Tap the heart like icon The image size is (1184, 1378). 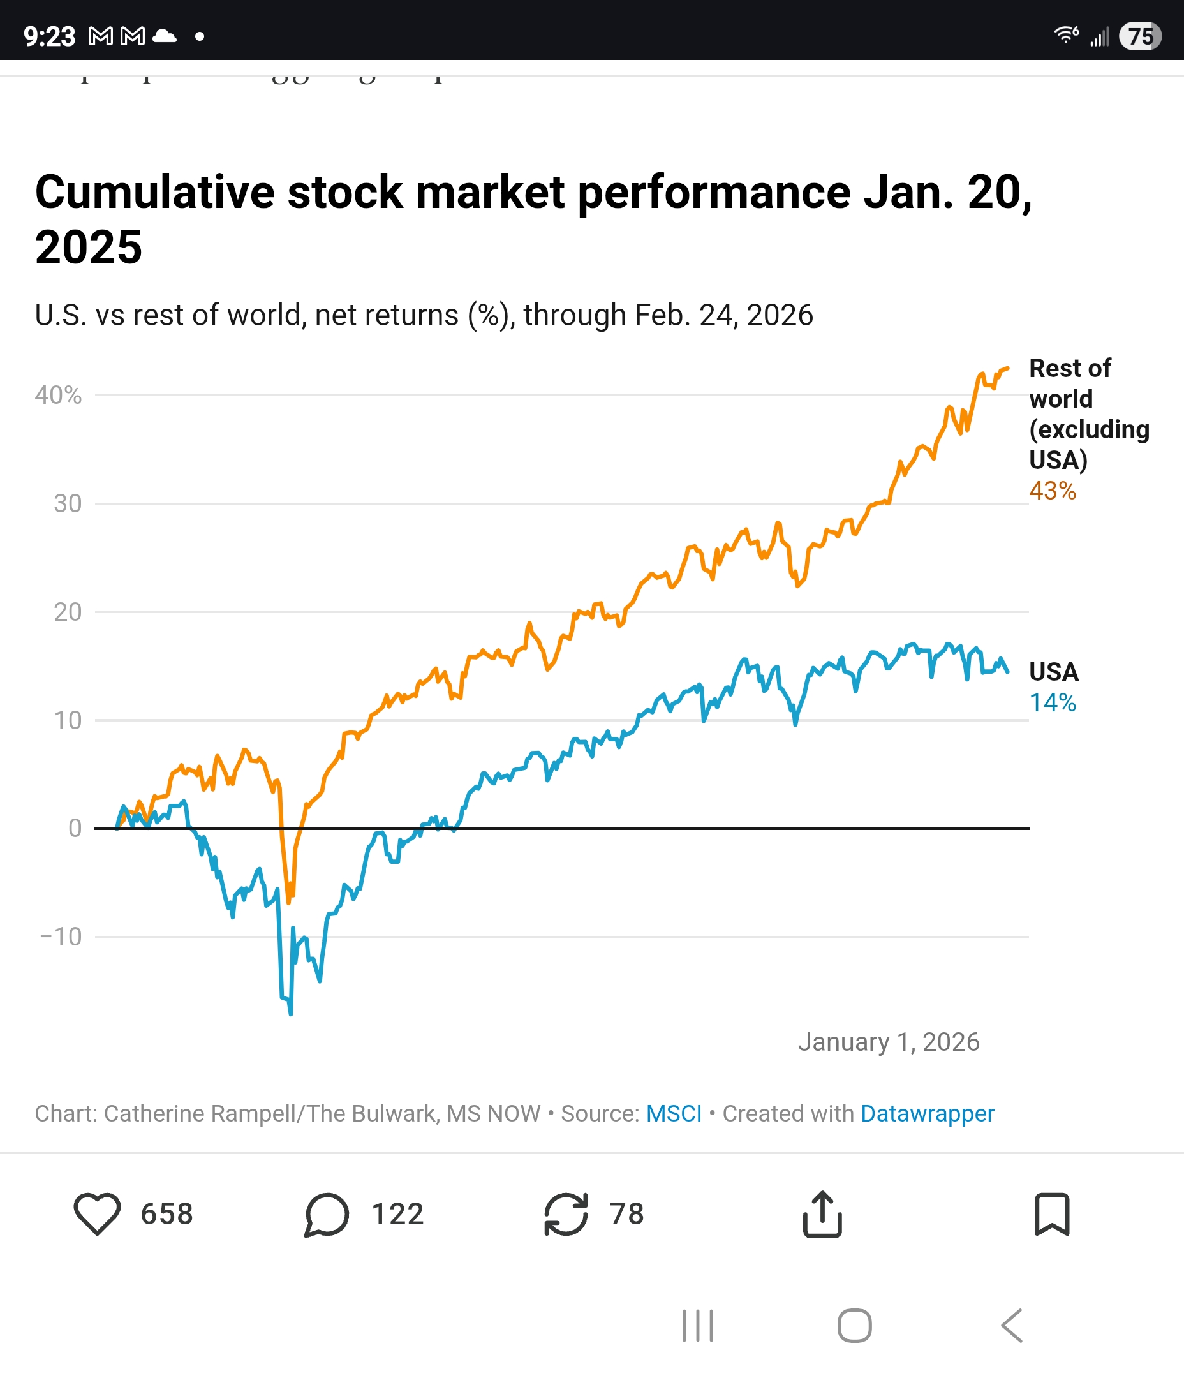click(x=97, y=1214)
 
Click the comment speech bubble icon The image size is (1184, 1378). click(x=327, y=1215)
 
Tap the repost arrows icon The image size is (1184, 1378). click(x=566, y=1214)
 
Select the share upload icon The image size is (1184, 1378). click(x=822, y=1214)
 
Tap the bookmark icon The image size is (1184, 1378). click(x=1052, y=1214)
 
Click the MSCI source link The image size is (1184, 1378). click(x=674, y=1113)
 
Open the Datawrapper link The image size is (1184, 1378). click(x=928, y=1113)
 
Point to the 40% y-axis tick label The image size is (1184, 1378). click(x=59, y=395)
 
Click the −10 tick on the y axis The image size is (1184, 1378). click(x=61, y=937)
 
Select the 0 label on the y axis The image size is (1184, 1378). click(x=75, y=828)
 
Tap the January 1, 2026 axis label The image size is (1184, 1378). click(x=889, y=1042)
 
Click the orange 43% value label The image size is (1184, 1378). click(x=1053, y=491)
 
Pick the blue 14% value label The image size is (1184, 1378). click(x=1053, y=702)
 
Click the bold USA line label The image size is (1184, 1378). click(x=1054, y=672)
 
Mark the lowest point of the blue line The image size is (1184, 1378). click(x=291, y=1013)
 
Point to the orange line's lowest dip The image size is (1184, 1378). click(x=289, y=901)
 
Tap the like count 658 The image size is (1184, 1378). click(x=167, y=1214)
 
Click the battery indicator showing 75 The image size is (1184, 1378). click(x=1140, y=36)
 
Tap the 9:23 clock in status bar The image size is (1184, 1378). click(x=49, y=36)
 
